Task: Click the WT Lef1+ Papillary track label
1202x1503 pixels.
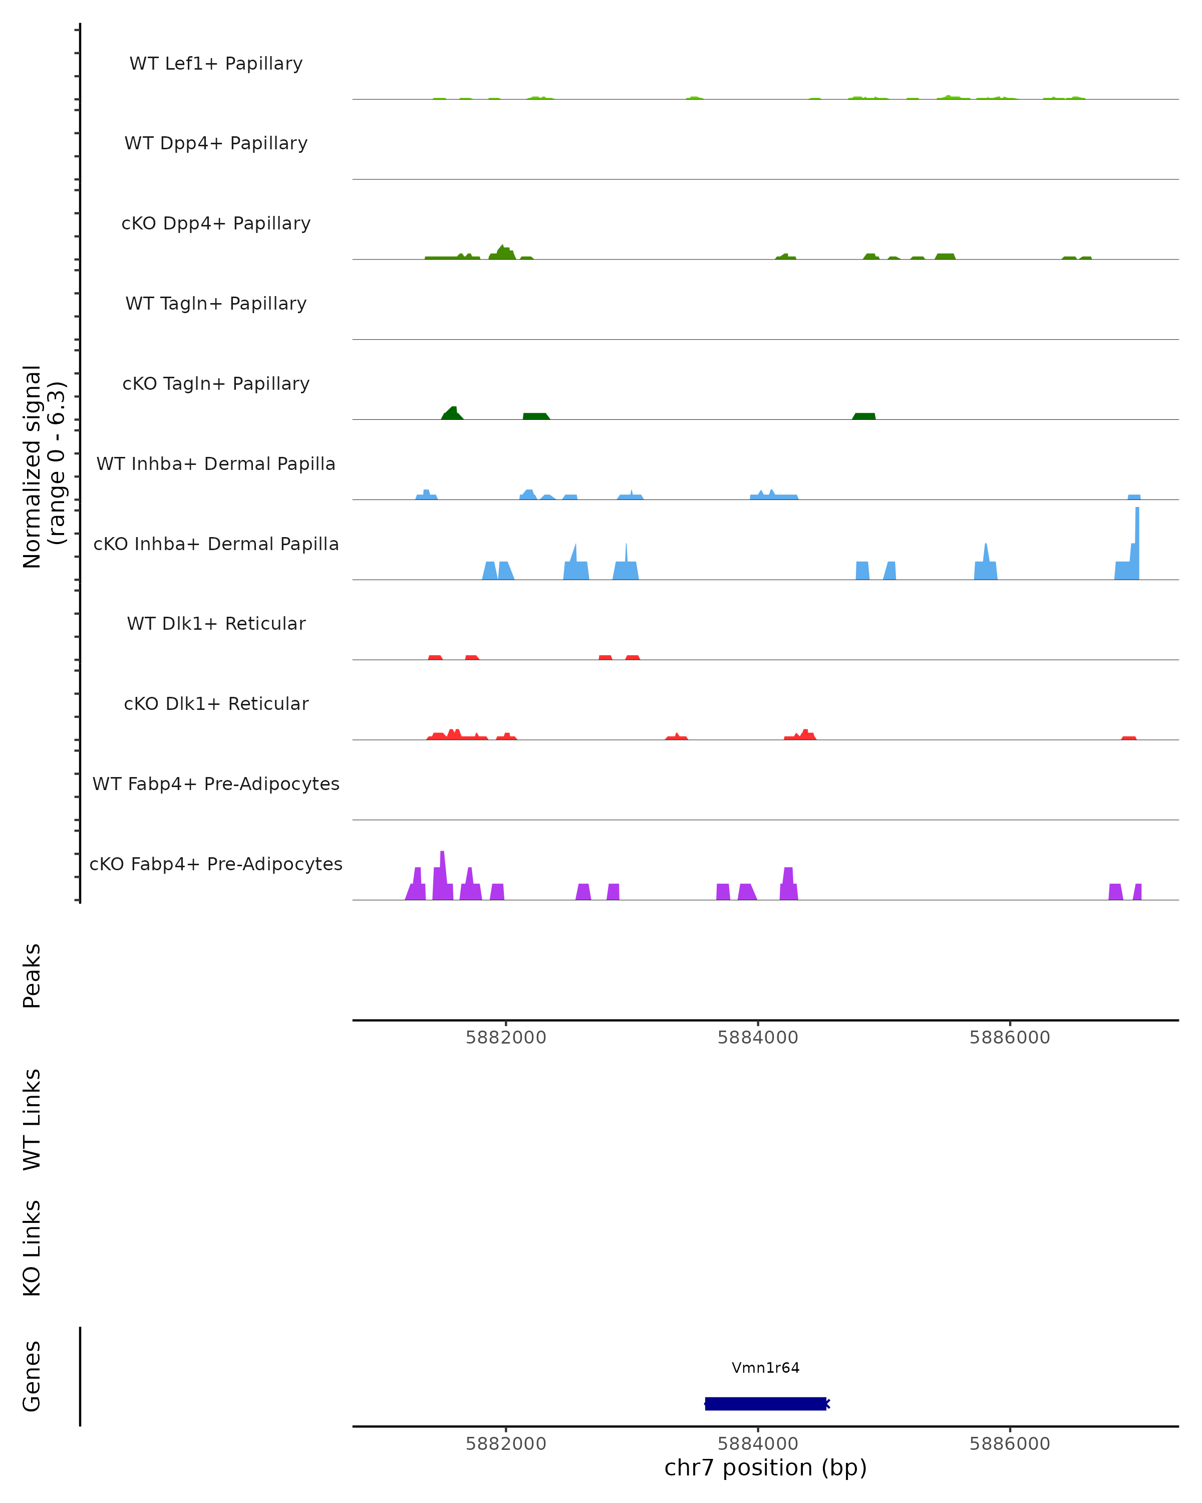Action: coord(216,64)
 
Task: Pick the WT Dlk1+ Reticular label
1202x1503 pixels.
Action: coord(216,623)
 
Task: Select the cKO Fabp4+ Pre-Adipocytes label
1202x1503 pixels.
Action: coord(216,864)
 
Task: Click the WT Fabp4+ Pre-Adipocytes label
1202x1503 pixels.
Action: coord(216,784)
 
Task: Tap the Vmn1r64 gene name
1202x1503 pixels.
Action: coord(765,1368)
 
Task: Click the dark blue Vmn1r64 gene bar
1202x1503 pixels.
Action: coord(765,1403)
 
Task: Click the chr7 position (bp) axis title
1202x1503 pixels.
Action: coord(765,1468)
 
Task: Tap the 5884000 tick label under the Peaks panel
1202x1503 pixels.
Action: coord(757,1038)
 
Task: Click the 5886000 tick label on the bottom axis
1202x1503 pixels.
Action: coord(1009,1444)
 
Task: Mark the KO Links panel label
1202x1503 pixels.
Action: coord(32,1248)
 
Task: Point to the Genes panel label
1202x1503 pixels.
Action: coord(32,1376)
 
